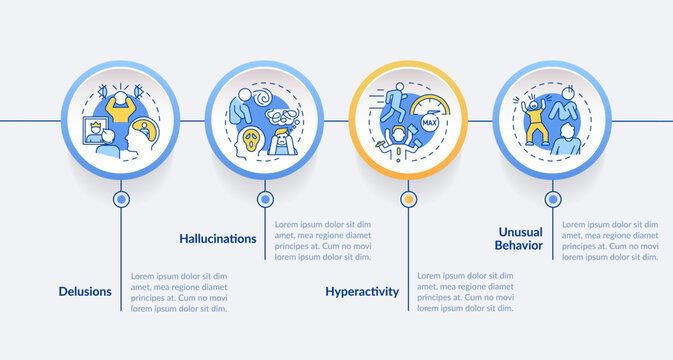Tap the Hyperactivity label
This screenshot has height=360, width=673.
tap(362, 292)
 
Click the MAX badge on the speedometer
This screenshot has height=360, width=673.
tap(430, 122)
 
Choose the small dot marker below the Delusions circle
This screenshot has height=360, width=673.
tap(122, 199)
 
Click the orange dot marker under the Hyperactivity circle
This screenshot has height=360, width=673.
tap(407, 199)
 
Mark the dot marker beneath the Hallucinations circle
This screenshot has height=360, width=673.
tap(264, 199)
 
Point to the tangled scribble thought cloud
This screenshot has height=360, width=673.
tap(286, 113)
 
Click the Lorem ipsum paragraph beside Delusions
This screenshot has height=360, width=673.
tap(180, 292)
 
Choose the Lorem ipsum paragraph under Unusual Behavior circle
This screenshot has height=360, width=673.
tap(610, 240)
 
